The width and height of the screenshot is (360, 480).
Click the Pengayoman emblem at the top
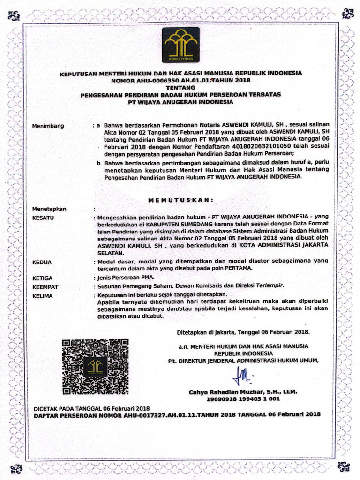tap(180, 45)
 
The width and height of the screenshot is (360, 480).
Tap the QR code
tap(95, 366)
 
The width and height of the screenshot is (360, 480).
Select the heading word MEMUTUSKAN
tap(180, 200)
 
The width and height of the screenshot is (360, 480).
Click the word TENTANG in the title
tap(180, 87)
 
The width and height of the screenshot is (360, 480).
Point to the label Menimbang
tap(48, 126)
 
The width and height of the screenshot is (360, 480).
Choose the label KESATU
tap(43, 218)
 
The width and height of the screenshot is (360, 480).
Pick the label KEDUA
tap(42, 262)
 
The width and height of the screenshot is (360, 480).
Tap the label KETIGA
tap(43, 278)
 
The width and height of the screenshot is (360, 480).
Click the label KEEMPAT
tap(45, 287)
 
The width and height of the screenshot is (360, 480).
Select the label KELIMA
tap(43, 296)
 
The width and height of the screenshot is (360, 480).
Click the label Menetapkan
tap(49, 209)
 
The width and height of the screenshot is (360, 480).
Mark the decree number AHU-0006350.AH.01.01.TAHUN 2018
tap(180, 80)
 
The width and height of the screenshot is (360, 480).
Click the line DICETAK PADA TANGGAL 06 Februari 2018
tap(92, 408)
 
